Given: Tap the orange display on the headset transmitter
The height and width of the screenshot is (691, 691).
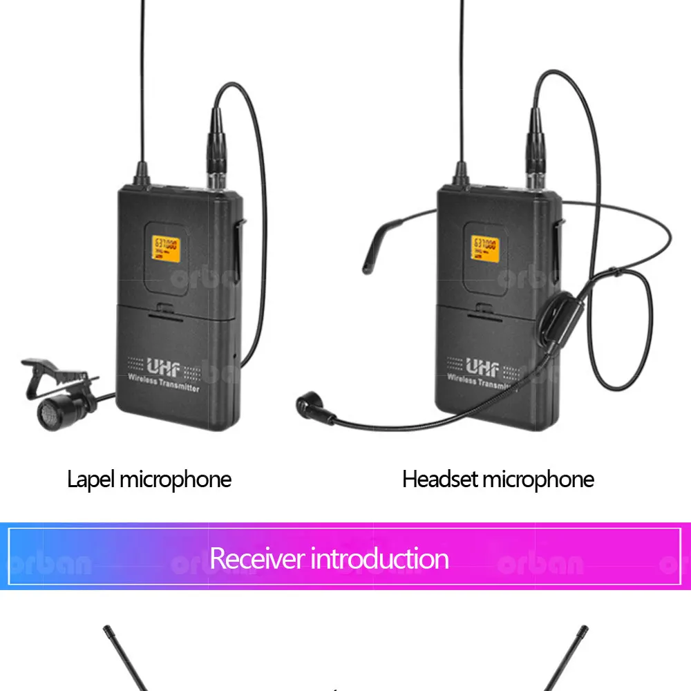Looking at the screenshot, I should click(x=486, y=249).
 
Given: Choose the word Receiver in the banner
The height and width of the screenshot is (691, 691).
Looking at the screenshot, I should click(x=256, y=558).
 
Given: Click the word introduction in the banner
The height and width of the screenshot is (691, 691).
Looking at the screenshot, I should click(x=379, y=558).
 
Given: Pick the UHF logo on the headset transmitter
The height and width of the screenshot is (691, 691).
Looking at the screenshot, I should click(x=482, y=366).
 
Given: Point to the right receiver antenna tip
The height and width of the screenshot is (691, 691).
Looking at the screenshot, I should click(x=583, y=632).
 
